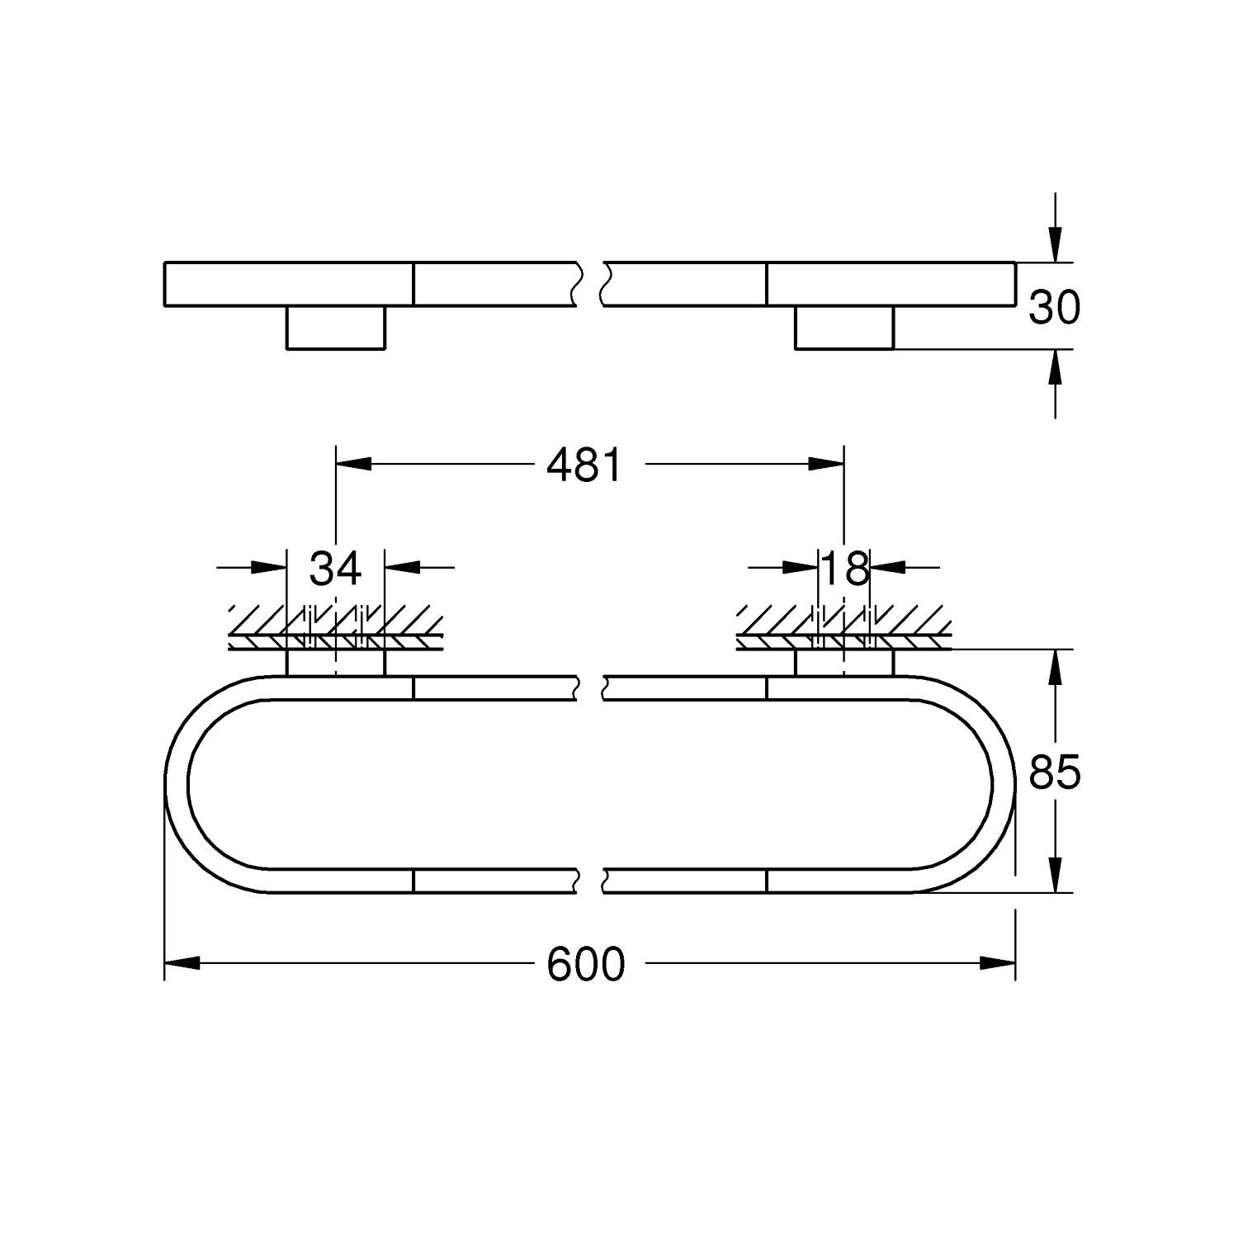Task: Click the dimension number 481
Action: click(x=584, y=466)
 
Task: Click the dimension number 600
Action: click(x=586, y=964)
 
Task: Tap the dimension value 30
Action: click(x=1054, y=308)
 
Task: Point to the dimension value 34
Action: click(x=335, y=568)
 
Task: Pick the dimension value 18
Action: click(x=845, y=568)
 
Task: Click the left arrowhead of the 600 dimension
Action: click(x=182, y=963)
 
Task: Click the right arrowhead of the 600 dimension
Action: click(x=998, y=963)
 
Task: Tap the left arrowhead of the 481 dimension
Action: click(x=352, y=465)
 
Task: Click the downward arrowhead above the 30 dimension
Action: click(x=1054, y=246)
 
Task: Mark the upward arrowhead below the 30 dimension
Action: click(x=1054, y=366)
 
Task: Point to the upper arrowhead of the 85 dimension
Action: click(x=1054, y=669)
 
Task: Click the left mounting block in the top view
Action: click(x=336, y=328)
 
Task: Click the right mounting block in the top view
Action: click(x=844, y=328)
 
